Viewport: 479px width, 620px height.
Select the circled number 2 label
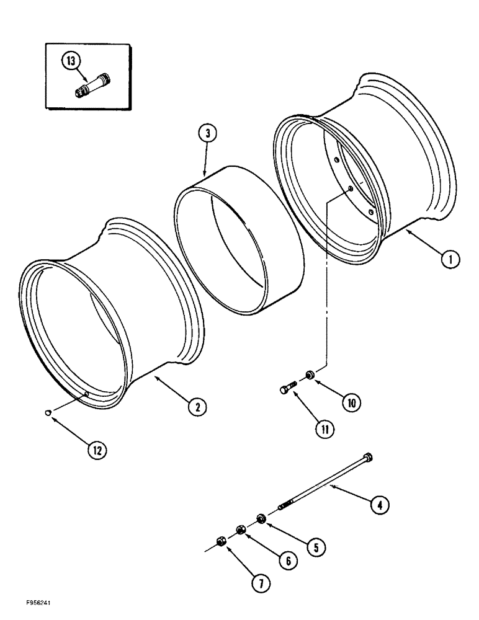click(198, 407)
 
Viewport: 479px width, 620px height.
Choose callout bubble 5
click(317, 547)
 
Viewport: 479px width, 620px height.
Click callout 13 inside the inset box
click(71, 62)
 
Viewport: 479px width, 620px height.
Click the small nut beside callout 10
click(309, 374)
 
